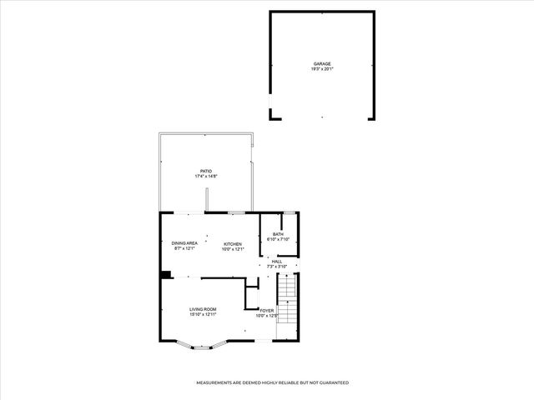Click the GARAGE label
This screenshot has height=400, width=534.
322,64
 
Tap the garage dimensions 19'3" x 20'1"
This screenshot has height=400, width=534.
322,69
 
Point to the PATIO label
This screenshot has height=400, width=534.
205,172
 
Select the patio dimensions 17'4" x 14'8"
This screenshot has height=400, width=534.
205,177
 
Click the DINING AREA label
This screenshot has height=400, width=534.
184,243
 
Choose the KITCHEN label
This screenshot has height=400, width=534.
232,243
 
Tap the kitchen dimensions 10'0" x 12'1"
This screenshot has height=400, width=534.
232,249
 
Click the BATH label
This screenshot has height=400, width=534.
278,234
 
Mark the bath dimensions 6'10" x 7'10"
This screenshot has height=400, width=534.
278,240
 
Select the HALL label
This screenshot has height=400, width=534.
276,262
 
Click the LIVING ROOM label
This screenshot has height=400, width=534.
203,309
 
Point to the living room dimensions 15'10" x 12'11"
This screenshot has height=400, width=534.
203,315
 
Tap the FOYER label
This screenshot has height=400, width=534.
266,310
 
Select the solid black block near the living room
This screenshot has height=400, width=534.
166,275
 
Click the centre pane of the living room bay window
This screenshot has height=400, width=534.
203,347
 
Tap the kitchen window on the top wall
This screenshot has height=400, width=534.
237,213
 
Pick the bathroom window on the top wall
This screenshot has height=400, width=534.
287,213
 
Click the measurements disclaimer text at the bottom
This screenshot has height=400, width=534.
272,382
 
